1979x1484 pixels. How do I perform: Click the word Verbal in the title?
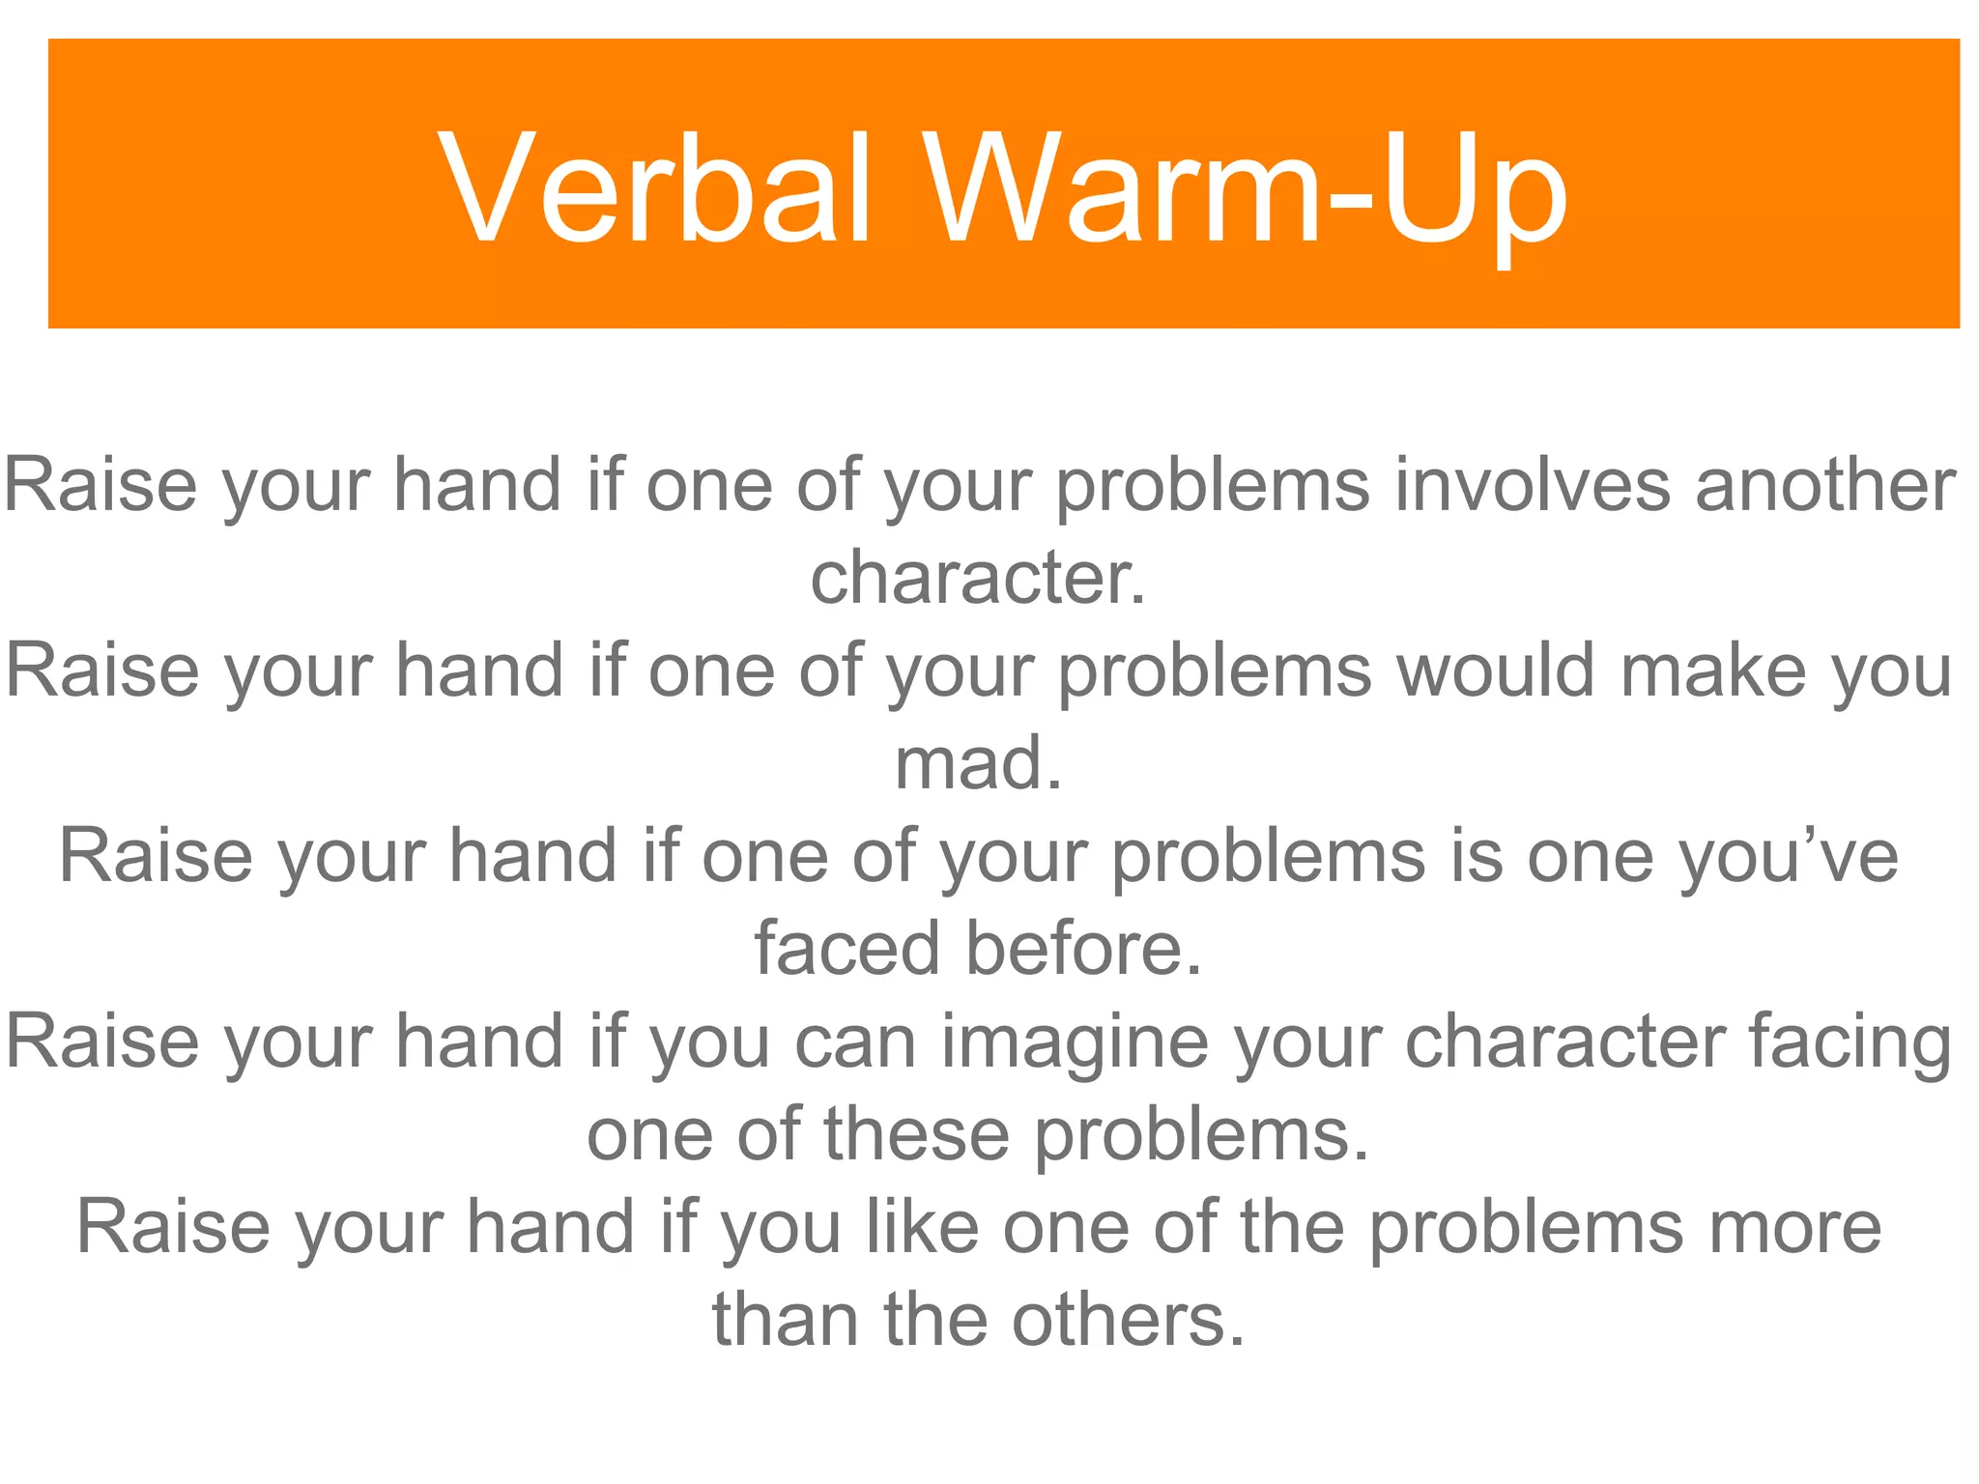657,188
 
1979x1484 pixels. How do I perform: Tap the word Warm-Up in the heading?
1247,188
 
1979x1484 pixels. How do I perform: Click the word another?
1825,485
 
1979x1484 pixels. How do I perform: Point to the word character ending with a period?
978,578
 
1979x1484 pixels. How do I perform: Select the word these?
917,1134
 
